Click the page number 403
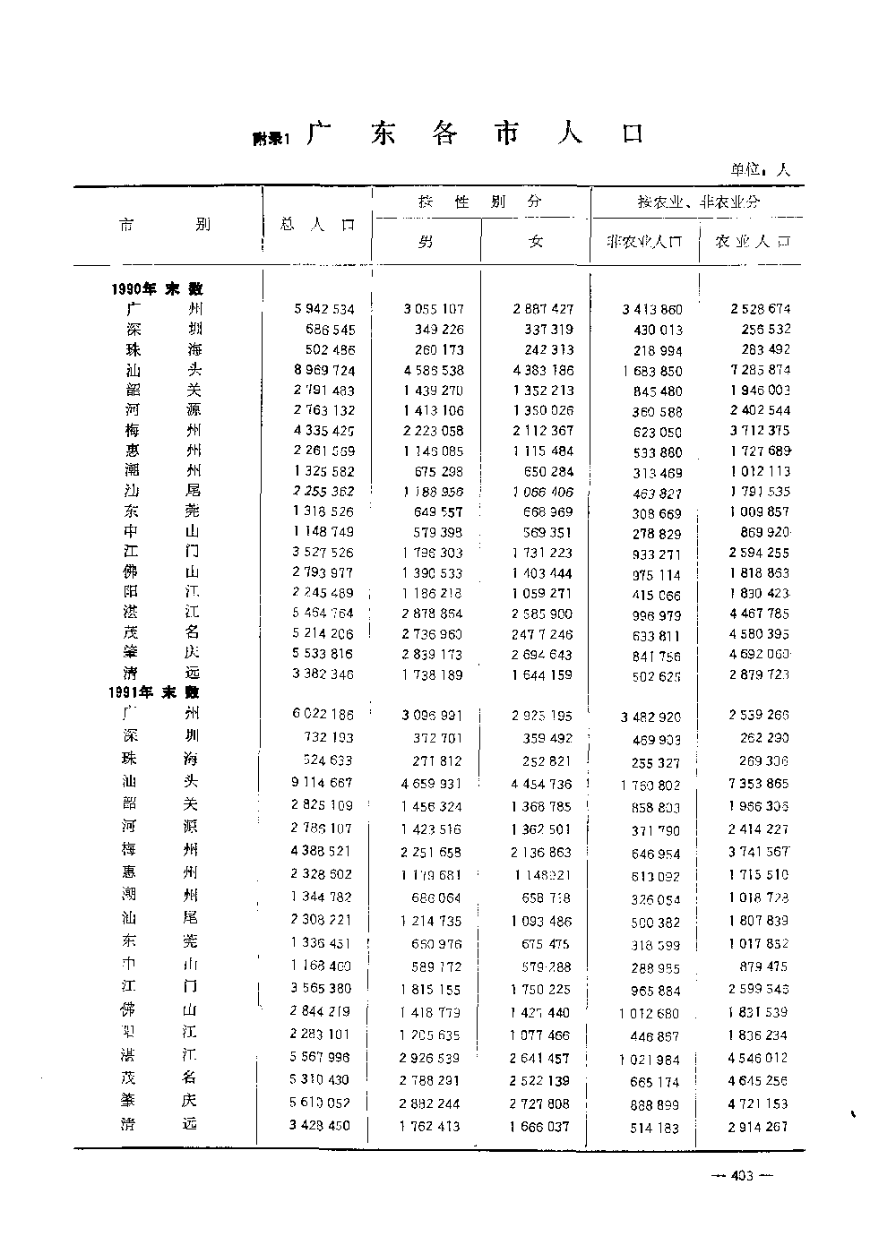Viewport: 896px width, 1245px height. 741,1176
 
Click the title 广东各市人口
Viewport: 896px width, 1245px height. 474,134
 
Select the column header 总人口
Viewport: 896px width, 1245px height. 317,226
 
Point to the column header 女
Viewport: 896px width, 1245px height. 536,242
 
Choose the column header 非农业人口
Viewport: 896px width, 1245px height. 644,242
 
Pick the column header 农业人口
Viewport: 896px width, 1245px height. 753,242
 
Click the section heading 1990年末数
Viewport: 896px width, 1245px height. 157,288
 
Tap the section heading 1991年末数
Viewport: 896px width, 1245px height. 155,692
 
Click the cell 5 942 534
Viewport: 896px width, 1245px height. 323,309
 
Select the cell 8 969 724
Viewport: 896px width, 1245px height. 323,370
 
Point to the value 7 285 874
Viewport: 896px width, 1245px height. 760,370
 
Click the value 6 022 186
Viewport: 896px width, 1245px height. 323,714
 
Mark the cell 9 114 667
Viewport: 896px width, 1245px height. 322,782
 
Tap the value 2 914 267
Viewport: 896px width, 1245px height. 758,1126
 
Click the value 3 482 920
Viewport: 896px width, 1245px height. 650,717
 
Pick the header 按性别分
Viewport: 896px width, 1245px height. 480,202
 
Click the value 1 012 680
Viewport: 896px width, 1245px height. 649,1014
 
